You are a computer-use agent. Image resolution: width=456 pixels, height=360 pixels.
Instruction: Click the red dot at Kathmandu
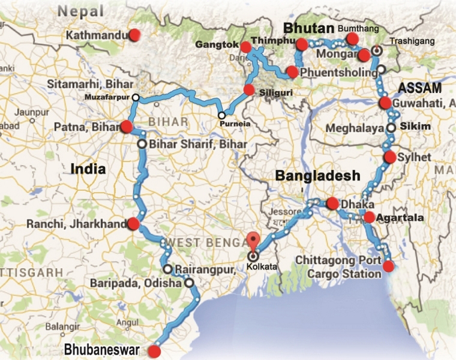[x=135, y=34]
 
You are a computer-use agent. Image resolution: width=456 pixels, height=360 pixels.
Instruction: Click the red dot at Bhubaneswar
[x=155, y=352]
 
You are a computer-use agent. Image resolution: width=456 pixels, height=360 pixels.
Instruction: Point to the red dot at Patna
[x=126, y=126]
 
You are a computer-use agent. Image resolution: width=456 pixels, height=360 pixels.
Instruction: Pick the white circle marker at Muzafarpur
[x=136, y=97]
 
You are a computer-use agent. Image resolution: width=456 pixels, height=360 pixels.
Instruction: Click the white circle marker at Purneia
[x=221, y=115]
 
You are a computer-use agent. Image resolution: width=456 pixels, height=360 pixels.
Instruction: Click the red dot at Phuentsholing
[x=292, y=71]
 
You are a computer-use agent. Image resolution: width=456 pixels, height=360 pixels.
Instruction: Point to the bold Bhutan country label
[x=308, y=28]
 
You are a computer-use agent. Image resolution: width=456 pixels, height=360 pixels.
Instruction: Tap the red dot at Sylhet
[x=389, y=158]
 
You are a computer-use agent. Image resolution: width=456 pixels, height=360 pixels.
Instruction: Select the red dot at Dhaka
[x=332, y=203]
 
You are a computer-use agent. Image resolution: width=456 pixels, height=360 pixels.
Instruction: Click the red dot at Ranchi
[x=133, y=224]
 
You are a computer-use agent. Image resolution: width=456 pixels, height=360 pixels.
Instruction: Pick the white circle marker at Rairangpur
[x=167, y=269]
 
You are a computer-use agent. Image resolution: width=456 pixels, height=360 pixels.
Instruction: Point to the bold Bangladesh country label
[x=317, y=176]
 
